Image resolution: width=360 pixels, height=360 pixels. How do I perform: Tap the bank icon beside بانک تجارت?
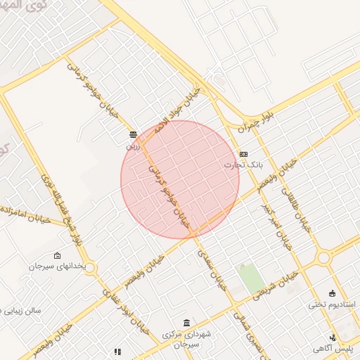[243, 154]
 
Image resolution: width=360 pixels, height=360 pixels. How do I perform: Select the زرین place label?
[134, 146]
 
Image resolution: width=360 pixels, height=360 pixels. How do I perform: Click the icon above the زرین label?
[133, 134]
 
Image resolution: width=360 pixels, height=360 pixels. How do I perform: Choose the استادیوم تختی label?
[333, 305]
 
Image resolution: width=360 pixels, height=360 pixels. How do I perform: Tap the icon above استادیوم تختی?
[333, 293]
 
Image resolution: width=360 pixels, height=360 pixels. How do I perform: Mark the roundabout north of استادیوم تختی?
[324, 258]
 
